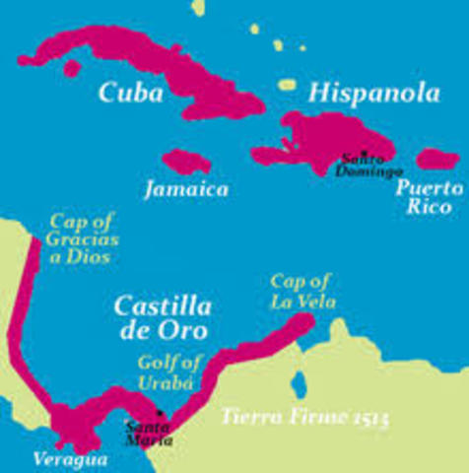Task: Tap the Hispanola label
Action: (x=360, y=93)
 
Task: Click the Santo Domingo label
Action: (x=366, y=165)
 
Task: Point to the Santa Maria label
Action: (x=147, y=434)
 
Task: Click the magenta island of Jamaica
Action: (x=186, y=160)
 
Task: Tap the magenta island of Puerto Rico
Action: (x=437, y=158)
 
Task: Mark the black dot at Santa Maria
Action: (x=160, y=411)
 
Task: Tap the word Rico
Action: (x=434, y=207)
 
